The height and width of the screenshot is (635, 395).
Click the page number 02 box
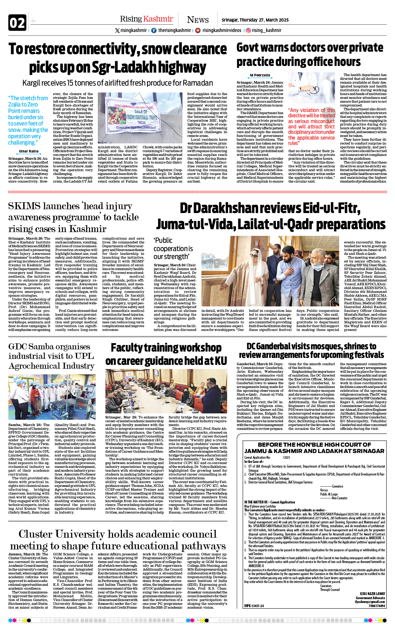pos(17,23)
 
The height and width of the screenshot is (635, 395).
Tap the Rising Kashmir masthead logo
pos(146,19)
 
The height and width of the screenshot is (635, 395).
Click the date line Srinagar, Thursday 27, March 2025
pos(255,20)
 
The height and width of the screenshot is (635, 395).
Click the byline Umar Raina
pos(29,151)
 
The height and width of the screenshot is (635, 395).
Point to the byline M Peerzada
pos(260,75)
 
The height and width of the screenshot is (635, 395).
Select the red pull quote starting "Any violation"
pos(311,126)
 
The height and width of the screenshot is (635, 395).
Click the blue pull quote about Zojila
pos(28,120)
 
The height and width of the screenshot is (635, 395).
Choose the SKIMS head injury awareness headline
pos(73,217)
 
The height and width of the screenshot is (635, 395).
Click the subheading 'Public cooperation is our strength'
pos(173,248)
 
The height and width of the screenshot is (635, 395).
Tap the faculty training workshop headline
pos(166,354)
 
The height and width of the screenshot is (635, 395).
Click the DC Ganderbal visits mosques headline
pos(311,350)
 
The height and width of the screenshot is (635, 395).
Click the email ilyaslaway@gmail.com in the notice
pos(370,602)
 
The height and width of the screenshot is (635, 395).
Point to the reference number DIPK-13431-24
pos(254,606)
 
